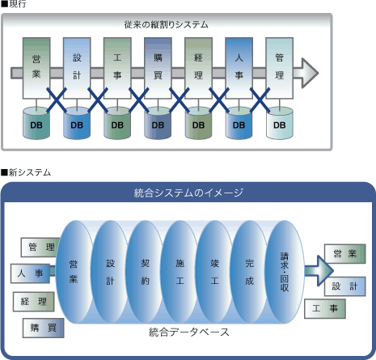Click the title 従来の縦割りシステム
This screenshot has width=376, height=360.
166,25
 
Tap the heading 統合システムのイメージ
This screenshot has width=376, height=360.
188,193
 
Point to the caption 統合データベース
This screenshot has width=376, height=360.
189,332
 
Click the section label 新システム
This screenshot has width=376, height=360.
29,172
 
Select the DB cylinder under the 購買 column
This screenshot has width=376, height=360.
158,123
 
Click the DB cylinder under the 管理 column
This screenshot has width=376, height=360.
280,123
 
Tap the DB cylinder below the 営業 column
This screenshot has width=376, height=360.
36,123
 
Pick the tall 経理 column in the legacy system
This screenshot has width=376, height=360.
198,68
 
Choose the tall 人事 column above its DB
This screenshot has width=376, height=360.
239,68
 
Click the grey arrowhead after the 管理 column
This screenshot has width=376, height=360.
307,73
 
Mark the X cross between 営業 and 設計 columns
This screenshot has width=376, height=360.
57,100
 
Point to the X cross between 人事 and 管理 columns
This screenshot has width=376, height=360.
260,100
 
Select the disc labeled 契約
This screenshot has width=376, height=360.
145,272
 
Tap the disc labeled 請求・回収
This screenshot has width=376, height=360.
285,272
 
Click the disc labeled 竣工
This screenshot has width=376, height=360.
214,272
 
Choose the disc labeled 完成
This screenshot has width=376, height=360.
249,272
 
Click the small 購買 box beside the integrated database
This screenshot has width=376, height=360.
44,328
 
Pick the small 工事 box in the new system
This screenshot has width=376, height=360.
325,308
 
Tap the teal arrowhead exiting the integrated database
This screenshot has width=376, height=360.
324,270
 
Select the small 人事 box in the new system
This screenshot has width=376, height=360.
30,273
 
